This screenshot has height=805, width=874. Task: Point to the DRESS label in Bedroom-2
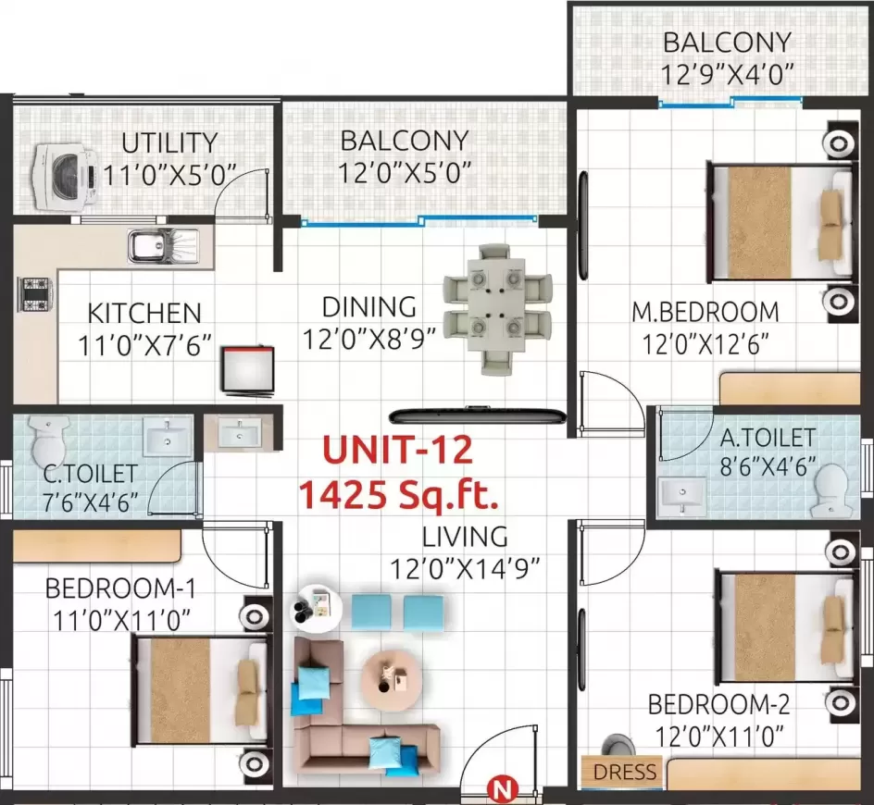624,772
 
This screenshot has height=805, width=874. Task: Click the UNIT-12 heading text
397,452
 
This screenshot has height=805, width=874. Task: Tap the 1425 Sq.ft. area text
398,498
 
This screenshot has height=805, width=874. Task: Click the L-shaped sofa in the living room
343,712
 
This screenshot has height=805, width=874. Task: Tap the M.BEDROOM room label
705,312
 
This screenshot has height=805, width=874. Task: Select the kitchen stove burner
34,294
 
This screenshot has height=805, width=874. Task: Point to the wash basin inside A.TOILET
683,495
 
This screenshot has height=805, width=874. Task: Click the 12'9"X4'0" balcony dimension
727,74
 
